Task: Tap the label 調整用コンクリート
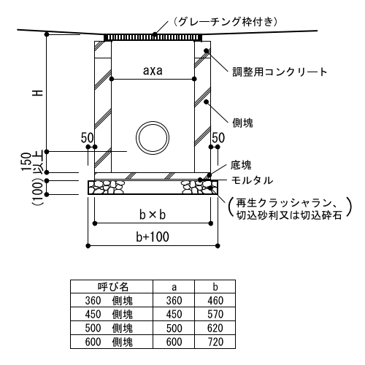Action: pyautogui.click(x=280, y=72)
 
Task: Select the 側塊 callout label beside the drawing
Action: pyautogui.click(x=242, y=123)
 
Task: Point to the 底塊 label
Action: pyautogui.click(x=241, y=165)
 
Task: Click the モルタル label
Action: pyautogui.click(x=252, y=180)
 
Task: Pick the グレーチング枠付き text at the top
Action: pyautogui.click(x=226, y=22)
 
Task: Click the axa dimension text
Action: pyautogui.click(x=153, y=71)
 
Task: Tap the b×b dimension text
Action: pyautogui.click(x=153, y=215)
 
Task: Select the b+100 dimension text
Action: pyautogui.click(x=153, y=237)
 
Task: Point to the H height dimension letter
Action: pyautogui.click(x=38, y=93)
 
